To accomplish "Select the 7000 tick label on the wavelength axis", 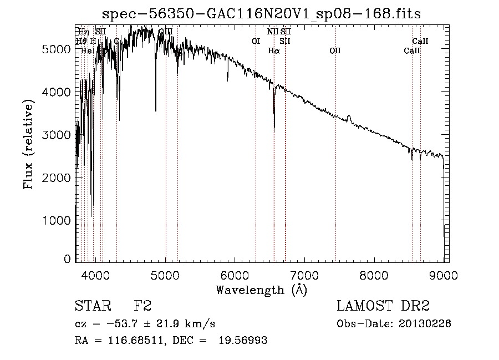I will (x=304, y=274).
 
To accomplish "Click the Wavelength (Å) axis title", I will (x=261, y=289).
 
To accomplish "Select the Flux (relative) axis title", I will (x=29, y=144).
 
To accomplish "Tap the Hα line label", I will (x=274, y=50).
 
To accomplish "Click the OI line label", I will (x=256, y=41).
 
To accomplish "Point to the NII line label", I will (x=272, y=32).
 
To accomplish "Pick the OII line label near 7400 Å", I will (x=335, y=50).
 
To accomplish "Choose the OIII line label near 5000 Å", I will (x=166, y=32).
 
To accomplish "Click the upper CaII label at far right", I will (x=420, y=41).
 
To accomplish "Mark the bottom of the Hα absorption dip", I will (x=274, y=128).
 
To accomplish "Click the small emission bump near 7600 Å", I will (x=349, y=118).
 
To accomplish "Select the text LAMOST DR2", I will (x=383, y=306).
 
